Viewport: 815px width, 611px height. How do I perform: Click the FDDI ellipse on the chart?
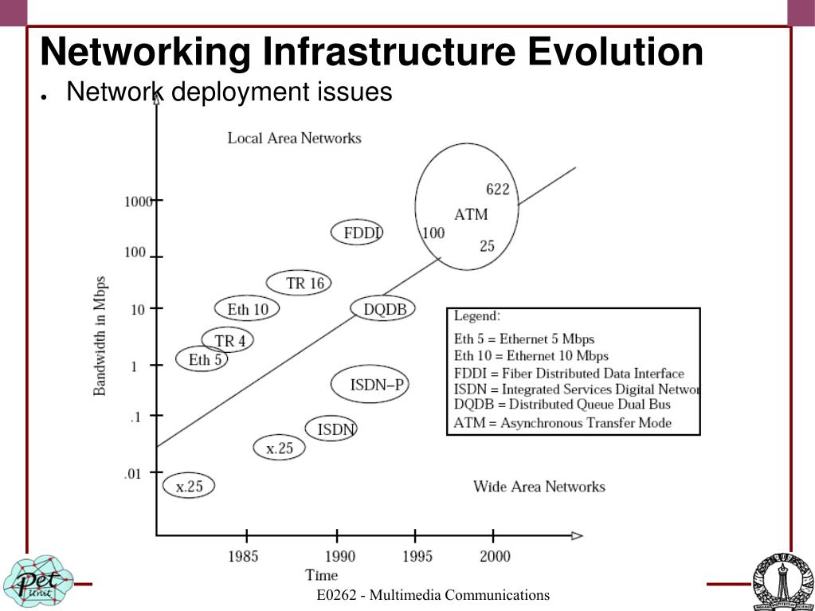357,233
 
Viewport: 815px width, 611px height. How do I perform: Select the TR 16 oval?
299,283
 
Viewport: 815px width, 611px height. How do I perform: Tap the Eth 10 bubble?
248,309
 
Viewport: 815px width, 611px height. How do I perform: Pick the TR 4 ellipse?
229,341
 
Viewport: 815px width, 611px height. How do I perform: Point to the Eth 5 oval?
202,360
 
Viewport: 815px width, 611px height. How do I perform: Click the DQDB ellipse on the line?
384,309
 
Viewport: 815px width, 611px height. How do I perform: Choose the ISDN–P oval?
370,386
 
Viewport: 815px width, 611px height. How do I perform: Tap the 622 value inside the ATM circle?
497,190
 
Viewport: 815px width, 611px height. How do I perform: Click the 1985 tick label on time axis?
243,556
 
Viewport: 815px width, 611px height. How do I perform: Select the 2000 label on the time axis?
495,556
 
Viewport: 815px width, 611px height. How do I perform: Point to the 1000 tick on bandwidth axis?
138,202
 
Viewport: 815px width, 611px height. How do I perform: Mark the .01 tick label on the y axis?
131,474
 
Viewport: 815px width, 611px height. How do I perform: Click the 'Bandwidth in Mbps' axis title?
100,336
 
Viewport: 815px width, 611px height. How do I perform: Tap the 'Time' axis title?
322,575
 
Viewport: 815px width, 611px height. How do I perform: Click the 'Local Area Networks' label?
294,138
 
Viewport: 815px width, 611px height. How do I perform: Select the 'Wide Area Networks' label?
539,487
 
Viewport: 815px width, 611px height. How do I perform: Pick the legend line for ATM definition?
562,423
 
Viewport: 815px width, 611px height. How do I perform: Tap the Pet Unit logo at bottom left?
37,580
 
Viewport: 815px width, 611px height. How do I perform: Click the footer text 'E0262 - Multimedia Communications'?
433,595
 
